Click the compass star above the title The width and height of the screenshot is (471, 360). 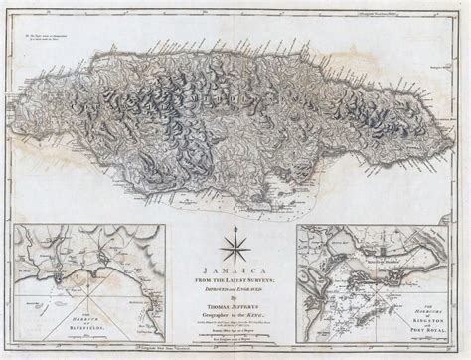click(x=236, y=245)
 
